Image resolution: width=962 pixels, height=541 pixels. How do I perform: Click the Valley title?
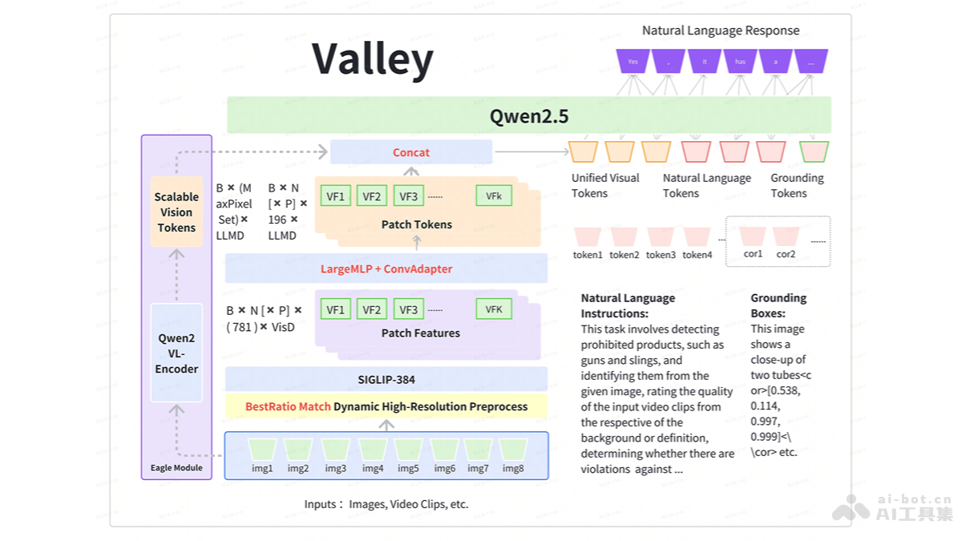pyautogui.click(x=372, y=59)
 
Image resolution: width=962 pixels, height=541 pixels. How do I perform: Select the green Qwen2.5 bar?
pyautogui.click(x=529, y=115)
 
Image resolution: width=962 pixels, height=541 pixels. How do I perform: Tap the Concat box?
pyautogui.click(x=411, y=152)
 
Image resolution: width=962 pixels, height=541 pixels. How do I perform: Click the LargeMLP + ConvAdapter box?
pyautogui.click(x=386, y=268)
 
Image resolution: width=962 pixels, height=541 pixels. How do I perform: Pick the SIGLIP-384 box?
pyautogui.click(x=386, y=379)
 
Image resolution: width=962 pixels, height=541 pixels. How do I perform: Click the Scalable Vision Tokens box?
pyautogui.click(x=176, y=212)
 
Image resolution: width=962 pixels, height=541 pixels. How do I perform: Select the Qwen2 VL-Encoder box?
pyautogui.click(x=176, y=353)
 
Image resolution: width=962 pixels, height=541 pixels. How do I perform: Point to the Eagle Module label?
pyautogui.click(x=176, y=468)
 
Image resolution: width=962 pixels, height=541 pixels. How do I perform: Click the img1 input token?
pyautogui.click(x=262, y=450)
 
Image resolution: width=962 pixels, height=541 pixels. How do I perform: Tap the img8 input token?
pyautogui.click(x=513, y=450)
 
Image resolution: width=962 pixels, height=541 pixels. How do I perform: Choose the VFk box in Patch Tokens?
pyautogui.click(x=493, y=196)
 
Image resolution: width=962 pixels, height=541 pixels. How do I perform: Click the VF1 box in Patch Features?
pyautogui.click(x=335, y=309)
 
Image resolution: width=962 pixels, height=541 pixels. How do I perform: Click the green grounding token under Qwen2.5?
pyautogui.click(x=814, y=151)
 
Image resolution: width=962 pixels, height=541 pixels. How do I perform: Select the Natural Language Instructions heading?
pyautogui.click(x=628, y=305)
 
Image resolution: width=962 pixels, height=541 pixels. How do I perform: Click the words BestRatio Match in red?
pyautogui.click(x=288, y=406)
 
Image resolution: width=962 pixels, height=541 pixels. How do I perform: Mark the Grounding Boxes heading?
pyautogui.click(x=778, y=305)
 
